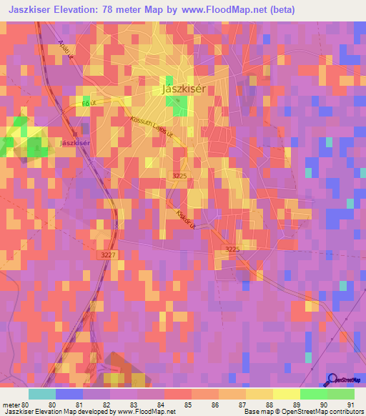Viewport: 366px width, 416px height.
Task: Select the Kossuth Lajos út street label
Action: tap(147, 131)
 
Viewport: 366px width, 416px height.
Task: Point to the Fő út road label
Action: tap(89, 104)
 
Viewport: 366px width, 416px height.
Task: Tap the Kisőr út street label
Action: tap(186, 218)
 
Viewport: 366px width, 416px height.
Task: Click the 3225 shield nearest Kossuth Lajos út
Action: tap(180, 174)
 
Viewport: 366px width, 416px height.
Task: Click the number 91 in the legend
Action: tap(350, 404)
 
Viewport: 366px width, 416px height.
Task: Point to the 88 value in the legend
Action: tap(269, 404)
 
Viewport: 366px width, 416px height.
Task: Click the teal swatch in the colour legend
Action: tap(42, 394)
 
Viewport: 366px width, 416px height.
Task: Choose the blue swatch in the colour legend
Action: tap(69, 394)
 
